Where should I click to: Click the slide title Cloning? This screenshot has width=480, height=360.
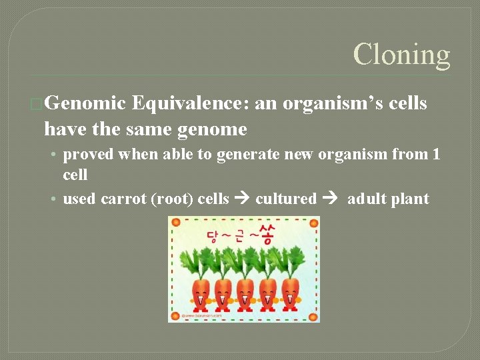401,55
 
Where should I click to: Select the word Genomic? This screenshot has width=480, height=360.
86,103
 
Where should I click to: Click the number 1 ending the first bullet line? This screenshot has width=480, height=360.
436,155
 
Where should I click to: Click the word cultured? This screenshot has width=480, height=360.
285,199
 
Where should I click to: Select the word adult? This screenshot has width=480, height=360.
366,199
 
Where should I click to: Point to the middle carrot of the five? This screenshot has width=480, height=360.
245,293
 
